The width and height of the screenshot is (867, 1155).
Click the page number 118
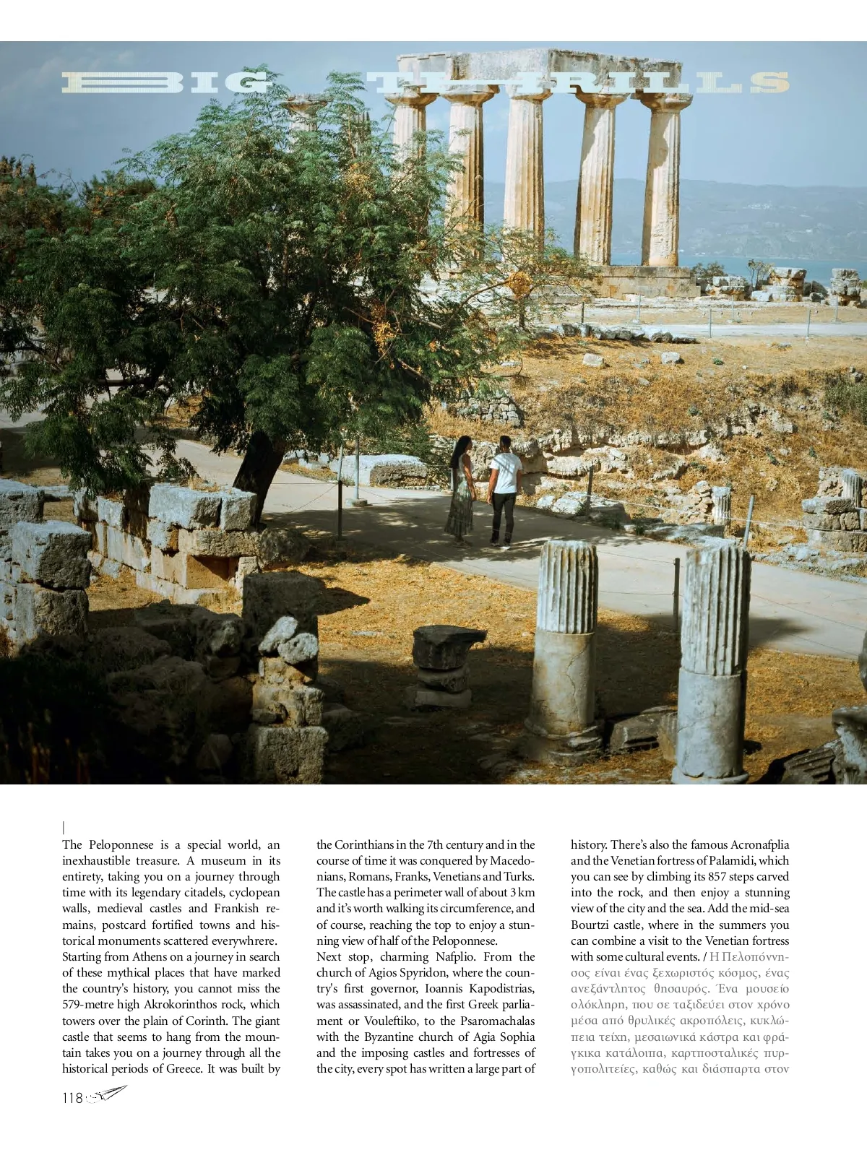click(72, 1098)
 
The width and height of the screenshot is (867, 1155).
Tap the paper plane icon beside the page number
click(108, 1094)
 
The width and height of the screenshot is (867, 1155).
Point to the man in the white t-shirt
click(504, 491)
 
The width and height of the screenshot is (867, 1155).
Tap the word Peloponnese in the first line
click(121, 844)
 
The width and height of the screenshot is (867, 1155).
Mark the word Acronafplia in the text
click(759, 844)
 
